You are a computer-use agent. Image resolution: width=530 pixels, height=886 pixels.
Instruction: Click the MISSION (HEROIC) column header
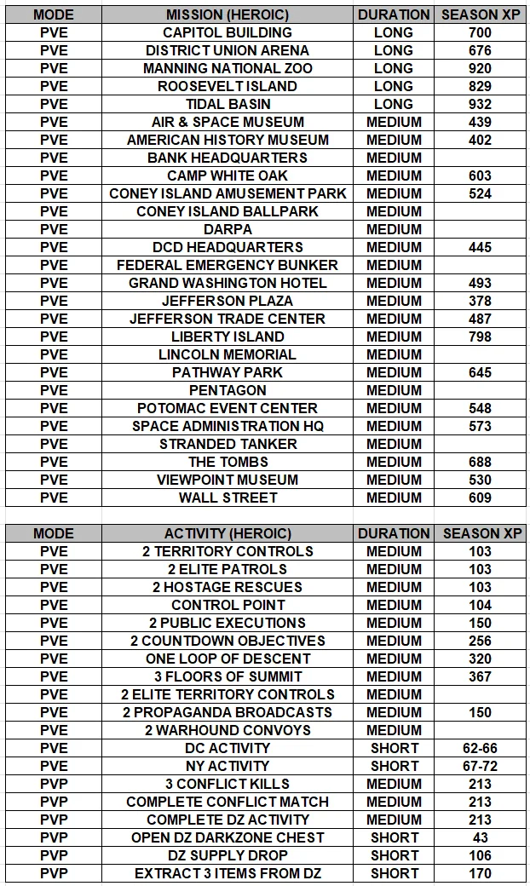click(x=228, y=14)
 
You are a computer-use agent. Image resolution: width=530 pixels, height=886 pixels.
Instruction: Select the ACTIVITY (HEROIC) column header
click(x=228, y=533)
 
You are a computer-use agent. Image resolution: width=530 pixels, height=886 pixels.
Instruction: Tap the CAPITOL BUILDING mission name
click(x=228, y=32)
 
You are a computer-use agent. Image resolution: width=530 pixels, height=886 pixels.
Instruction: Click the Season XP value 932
click(x=480, y=104)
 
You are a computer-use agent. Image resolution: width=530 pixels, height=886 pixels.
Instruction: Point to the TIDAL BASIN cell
click(x=228, y=104)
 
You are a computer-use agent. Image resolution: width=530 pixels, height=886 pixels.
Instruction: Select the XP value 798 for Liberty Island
click(x=480, y=337)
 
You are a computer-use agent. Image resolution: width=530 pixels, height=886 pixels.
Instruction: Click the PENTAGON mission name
click(x=228, y=390)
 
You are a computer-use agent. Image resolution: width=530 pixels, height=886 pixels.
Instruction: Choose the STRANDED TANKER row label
click(x=228, y=444)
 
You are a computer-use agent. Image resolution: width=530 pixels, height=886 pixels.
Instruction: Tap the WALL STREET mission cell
click(x=228, y=498)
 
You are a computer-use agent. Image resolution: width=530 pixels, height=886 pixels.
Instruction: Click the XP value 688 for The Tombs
click(x=480, y=462)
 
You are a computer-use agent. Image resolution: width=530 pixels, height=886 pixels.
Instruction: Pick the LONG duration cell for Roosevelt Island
click(x=394, y=86)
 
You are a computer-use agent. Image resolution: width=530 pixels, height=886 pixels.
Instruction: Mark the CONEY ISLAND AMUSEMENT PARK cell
click(x=228, y=193)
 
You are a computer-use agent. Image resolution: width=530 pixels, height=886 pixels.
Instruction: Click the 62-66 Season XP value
click(x=480, y=748)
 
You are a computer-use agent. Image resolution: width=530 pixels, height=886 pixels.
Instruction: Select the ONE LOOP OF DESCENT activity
click(x=228, y=659)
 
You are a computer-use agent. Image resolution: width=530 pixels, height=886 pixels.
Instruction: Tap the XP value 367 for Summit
click(x=480, y=676)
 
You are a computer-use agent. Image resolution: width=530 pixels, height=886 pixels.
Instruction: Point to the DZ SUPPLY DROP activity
click(x=228, y=855)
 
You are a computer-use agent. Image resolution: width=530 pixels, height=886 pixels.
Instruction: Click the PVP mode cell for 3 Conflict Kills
click(x=54, y=784)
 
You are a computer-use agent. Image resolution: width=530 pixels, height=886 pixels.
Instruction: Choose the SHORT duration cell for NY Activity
click(x=394, y=766)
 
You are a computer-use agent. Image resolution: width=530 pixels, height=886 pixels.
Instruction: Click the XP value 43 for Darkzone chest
click(x=480, y=837)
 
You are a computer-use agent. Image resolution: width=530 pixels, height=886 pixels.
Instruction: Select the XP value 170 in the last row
click(x=480, y=873)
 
